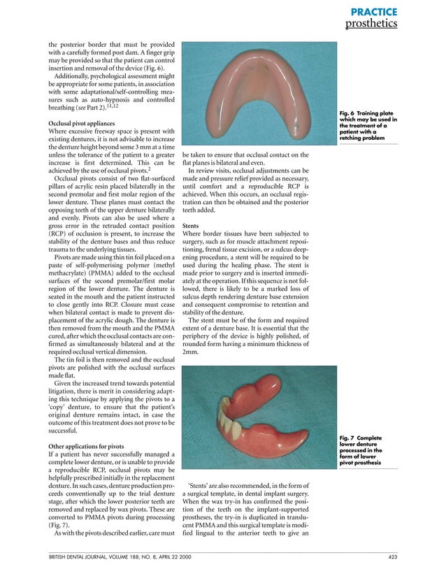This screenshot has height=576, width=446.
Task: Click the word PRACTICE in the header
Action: (374, 12)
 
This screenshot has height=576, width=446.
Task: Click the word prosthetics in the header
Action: (371, 24)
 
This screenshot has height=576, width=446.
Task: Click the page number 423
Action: (393, 556)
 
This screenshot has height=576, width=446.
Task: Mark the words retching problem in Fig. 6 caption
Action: (366, 138)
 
